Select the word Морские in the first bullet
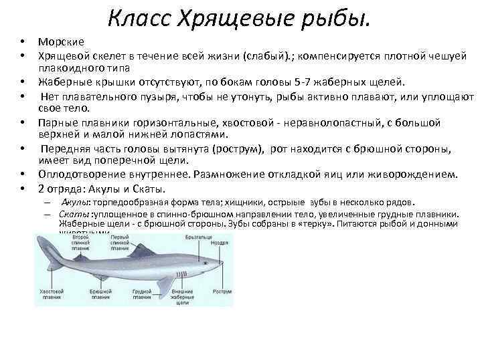pos(61,41)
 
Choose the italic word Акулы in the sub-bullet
pos(77,202)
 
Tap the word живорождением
pos(420,175)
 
